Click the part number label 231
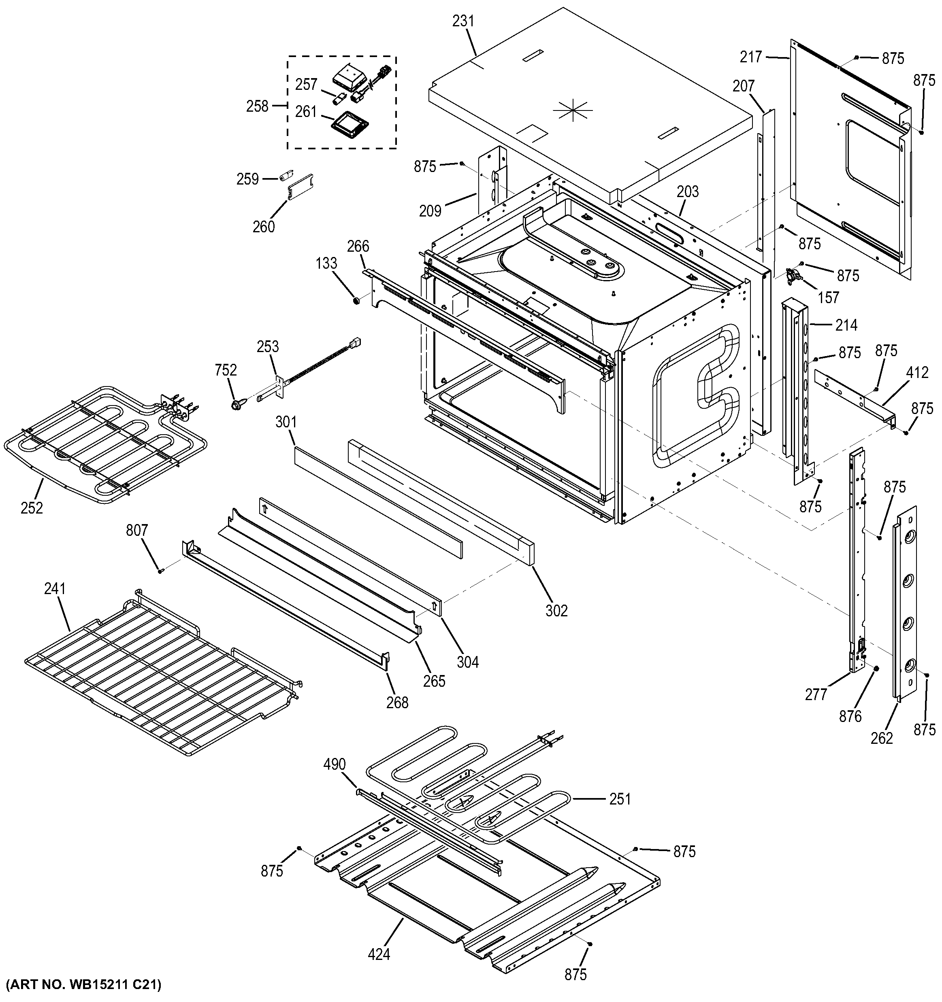pos(463,21)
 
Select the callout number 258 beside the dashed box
pos(257,106)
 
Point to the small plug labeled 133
pos(356,301)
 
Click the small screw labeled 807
pos(161,571)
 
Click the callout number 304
pos(467,662)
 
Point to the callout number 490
pos(335,764)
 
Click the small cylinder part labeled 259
pos(286,177)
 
